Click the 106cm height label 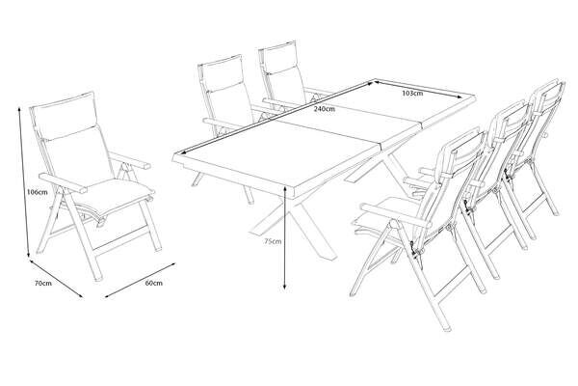[x=38, y=192]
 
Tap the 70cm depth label [x=43, y=284]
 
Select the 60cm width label [x=154, y=283]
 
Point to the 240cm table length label [x=325, y=109]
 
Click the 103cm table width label [x=412, y=93]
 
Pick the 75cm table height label [x=273, y=241]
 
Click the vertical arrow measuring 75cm [x=285, y=237]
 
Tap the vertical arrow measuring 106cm [x=24, y=182]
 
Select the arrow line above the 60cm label [x=140, y=280]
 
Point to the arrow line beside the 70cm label [x=56, y=278]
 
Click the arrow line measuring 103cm [x=418, y=89]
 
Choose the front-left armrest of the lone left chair [x=63, y=183]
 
